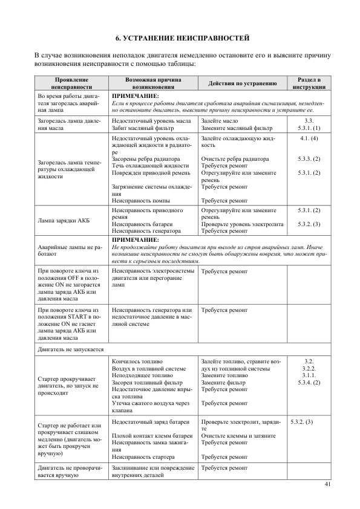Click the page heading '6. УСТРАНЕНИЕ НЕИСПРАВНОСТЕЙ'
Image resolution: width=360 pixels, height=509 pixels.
tap(182, 38)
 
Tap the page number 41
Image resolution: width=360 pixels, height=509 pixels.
tap(328, 484)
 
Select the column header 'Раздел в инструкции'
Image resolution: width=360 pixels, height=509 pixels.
tap(310, 83)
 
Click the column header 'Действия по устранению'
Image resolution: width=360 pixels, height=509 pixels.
tap(242, 83)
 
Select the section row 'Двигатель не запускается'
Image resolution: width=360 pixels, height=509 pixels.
tap(71, 349)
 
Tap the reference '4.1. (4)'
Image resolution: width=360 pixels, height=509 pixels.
tap(309, 139)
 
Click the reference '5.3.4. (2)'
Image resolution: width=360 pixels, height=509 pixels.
tap(309, 383)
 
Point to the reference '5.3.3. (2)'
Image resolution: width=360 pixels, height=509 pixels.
tap(309, 159)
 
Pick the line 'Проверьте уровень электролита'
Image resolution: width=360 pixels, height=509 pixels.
tap(242, 224)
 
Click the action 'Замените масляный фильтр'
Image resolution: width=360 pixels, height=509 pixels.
tap(237, 128)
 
